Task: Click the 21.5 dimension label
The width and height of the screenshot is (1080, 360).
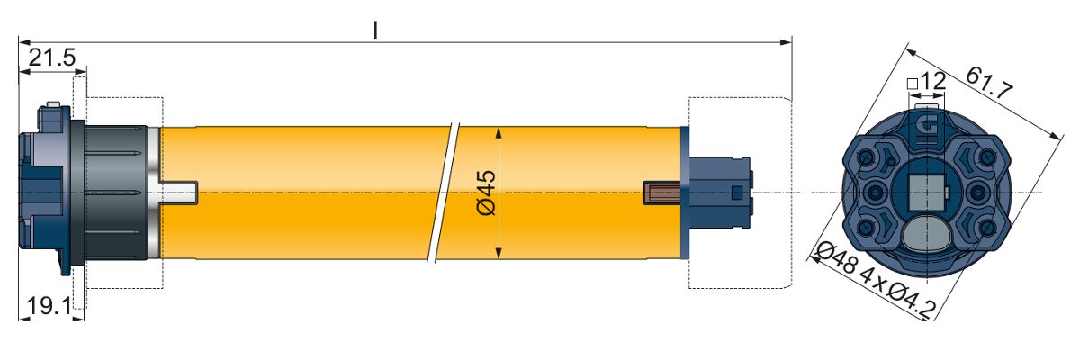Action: pyautogui.click(x=52, y=58)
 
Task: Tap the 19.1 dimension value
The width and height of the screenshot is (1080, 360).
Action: pyautogui.click(x=49, y=306)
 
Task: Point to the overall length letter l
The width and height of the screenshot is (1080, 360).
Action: pyautogui.click(x=375, y=30)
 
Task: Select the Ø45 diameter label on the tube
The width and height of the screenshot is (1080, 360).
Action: pyautogui.click(x=485, y=193)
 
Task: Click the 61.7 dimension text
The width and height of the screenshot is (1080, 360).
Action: pyautogui.click(x=989, y=83)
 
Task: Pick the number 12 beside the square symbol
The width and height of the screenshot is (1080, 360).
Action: pyautogui.click(x=933, y=81)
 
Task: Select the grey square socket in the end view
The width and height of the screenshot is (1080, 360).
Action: pyautogui.click(x=926, y=193)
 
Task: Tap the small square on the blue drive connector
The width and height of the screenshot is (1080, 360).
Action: pyautogui.click(x=736, y=193)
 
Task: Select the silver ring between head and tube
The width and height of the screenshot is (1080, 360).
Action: pyautogui.click(x=153, y=193)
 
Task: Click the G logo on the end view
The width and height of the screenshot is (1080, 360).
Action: pyautogui.click(x=927, y=127)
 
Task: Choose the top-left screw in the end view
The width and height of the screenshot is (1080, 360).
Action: pyautogui.click(x=866, y=157)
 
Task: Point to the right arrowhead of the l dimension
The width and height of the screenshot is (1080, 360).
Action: pyautogui.click(x=786, y=42)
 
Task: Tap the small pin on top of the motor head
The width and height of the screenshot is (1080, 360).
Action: pyautogui.click(x=53, y=104)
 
